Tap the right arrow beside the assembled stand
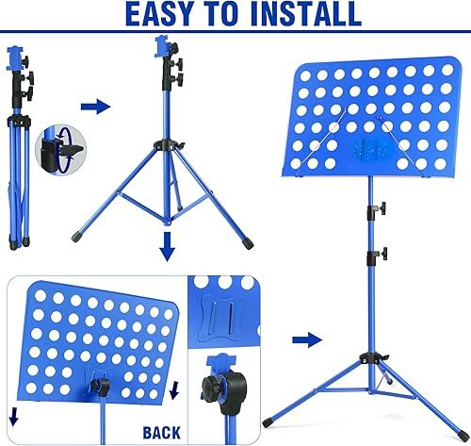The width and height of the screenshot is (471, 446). (x=306, y=339)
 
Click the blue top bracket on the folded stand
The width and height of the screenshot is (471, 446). (x=13, y=56)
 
